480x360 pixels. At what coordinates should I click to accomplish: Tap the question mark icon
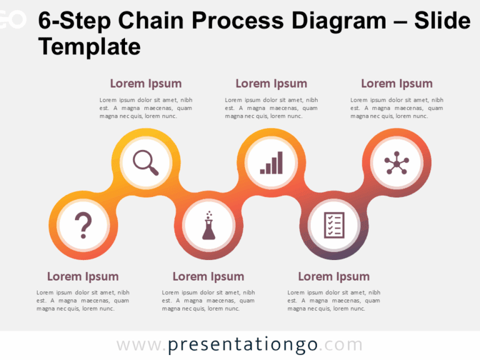(82, 225)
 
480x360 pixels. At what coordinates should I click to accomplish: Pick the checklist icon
(334, 225)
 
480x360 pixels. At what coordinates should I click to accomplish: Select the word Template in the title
(89, 46)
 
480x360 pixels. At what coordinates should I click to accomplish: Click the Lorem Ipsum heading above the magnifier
(146, 84)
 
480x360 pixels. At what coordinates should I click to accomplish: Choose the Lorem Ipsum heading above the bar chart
(271, 84)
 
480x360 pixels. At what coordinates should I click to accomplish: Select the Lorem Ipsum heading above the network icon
(397, 84)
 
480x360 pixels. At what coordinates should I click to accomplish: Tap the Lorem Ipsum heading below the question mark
(82, 276)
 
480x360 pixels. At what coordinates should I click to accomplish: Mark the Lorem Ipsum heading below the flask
(208, 276)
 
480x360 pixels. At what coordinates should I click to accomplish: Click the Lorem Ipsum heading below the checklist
(334, 276)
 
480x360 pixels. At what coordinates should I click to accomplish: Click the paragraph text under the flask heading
(208, 300)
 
